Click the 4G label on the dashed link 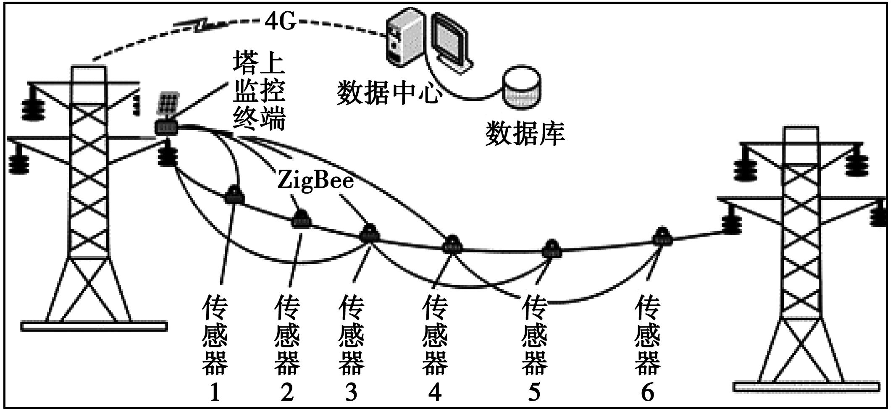click(x=280, y=21)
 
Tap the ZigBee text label click(x=315, y=181)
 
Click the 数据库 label click(x=525, y=134)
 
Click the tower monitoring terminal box click(x=167, y=127)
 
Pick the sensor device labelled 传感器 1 click(x=234, y=195)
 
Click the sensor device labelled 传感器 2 click(x=301, y=219)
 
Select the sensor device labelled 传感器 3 click(x=369, y=234)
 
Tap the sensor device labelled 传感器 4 click(x=452, y=244)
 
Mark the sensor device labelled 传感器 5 click(x=551, y=249)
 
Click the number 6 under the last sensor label click(x=647, y=392)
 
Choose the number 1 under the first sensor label click(x=215, y=392)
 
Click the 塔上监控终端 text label click(x=259, y=97)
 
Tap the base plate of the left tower click(x=94, y=326)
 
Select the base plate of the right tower click(x=806, y=386)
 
